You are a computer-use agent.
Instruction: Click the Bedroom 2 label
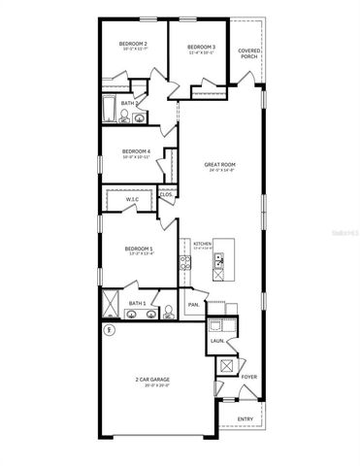tap(133, 45)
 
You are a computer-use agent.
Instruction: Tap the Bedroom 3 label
tap(201, 48)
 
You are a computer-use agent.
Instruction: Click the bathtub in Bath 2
tap(109, 109)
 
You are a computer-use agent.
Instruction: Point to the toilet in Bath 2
tap(124, 118)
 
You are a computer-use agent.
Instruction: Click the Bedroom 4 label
tap(135, 151)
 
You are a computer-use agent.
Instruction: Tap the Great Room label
tap(220, 165)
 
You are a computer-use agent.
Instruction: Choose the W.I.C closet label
tap(133, 199)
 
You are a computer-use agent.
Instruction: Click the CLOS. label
tap(166, 194)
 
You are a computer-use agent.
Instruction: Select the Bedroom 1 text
tap(139, 250)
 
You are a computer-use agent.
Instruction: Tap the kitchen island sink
tap(219, 259)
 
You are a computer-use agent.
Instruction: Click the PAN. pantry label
tap(193, 304)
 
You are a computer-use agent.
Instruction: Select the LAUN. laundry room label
tap(217, 341)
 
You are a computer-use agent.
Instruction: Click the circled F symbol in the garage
tap(109, 330)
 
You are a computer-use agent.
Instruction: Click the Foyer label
tap(249, 376)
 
